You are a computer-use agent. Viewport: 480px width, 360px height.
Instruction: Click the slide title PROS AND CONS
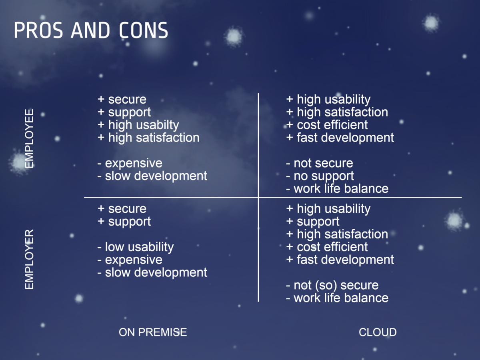click(91, 30)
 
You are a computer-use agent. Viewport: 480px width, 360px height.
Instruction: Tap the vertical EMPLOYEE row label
click(29, 138)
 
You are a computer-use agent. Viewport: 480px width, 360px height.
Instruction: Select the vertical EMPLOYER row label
click(29, 259)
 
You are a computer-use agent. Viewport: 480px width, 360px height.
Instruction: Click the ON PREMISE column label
click(153, 332)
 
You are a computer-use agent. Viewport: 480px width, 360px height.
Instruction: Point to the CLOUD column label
click(378, 332)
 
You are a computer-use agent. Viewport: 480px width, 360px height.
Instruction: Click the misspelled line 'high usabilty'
click(138, 125)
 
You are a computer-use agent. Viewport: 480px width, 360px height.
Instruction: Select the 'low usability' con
click(136, 247)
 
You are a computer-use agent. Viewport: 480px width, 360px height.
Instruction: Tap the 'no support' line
click(320, 176)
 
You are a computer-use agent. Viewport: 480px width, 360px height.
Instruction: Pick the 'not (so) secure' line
click(332, 286)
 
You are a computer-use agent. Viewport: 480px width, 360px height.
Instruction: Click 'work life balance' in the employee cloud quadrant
click(337, 189)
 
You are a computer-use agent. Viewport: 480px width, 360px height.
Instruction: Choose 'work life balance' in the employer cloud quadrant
click(337, 298)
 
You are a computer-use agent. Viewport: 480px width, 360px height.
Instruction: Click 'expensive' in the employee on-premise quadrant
click(130, 164)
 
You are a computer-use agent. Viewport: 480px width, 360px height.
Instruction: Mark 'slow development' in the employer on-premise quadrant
click(152, 272)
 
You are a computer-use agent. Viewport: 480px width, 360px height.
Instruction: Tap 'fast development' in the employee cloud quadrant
click(340, 138)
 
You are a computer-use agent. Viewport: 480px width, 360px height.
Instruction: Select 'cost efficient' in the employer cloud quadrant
click(327, 247)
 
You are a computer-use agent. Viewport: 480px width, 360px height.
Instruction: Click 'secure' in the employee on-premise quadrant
click(122, 100)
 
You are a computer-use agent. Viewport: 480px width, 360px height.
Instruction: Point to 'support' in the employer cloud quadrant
click(313, 222)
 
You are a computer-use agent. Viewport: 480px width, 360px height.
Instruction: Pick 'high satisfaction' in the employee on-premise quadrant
click(148, 138)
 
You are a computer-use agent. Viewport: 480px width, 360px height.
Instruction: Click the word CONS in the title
click(144, 30)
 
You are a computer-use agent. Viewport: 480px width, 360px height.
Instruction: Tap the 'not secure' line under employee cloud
click(320, 163)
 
